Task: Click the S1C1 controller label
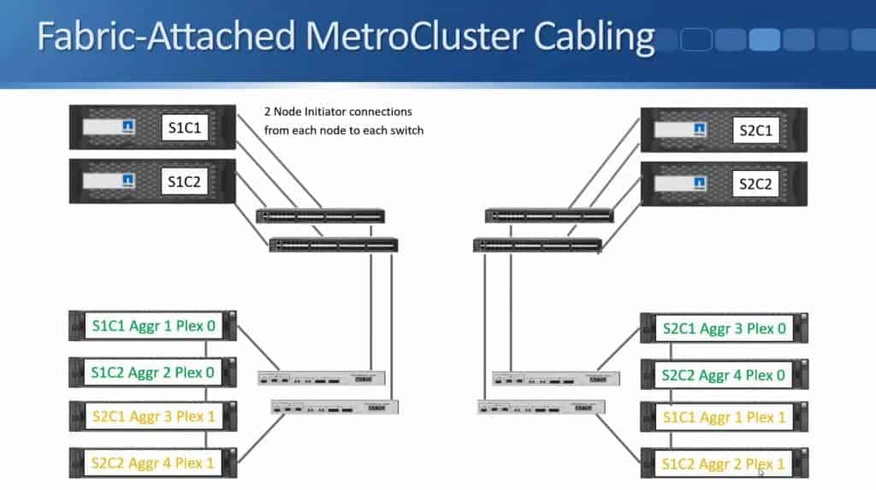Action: [x=185, y=129]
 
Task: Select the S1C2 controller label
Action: [x=185, y=180]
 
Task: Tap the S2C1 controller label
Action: [x=755, y=131]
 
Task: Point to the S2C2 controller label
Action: [x=755, y=184]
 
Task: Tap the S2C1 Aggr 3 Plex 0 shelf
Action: [x=724, y=328]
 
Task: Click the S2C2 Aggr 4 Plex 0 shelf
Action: [x=724, y=375]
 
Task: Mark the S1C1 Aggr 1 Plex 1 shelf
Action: [x=724, y=418]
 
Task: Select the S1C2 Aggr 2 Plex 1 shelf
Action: [x=724, y=465]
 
